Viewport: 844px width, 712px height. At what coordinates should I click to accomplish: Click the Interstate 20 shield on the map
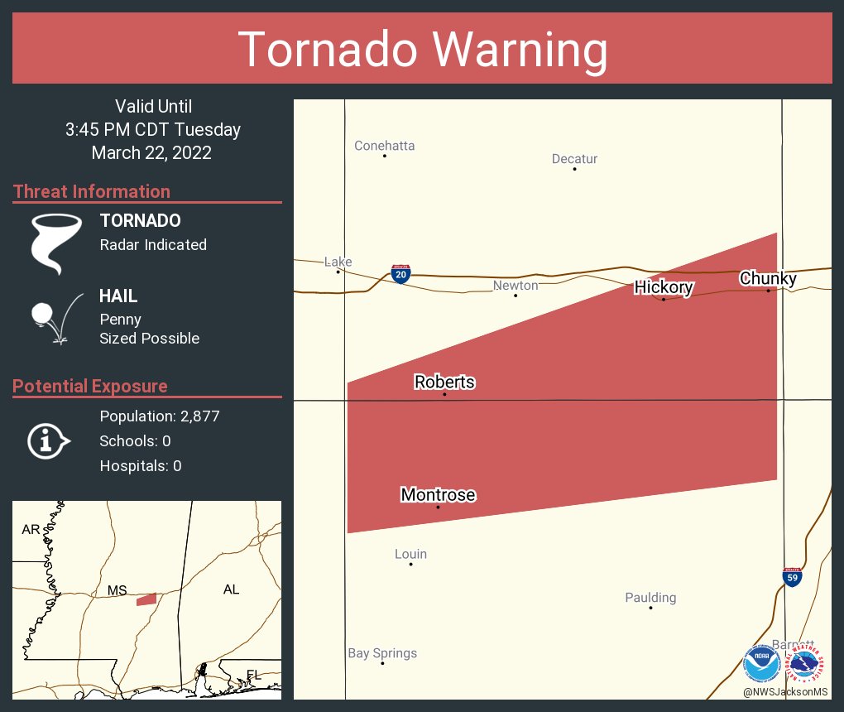[x=400, y=275]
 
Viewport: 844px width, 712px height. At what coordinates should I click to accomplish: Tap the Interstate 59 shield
[x=792, y=577]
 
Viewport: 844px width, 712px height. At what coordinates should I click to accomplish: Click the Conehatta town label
[x=384, y=146]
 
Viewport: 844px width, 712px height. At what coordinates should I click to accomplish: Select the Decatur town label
[x=574, y=159]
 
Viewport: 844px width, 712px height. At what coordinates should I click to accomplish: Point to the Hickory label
[x=664, y=287]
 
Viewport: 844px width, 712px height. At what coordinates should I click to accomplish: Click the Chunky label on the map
[x=768, y=278]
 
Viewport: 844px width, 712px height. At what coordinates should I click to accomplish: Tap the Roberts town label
[x=444, y=382]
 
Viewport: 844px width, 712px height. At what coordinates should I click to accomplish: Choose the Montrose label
[x=438, y=494]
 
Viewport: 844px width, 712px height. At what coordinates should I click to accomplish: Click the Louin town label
[x=410, y=554]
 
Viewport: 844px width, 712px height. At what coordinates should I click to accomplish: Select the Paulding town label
[x=650, y=597]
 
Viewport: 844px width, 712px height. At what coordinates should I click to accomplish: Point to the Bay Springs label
[x=382, y=653]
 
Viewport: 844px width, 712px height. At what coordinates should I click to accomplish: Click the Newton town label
[x=516, y=285]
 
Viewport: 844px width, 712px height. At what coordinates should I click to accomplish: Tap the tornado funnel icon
[x=55, y=243]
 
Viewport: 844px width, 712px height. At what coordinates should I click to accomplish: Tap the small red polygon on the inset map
[x=146, y=599]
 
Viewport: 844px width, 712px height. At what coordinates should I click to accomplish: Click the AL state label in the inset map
[x=231, y=589]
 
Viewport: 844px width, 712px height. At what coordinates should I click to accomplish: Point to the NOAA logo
[x=761, y=663]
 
